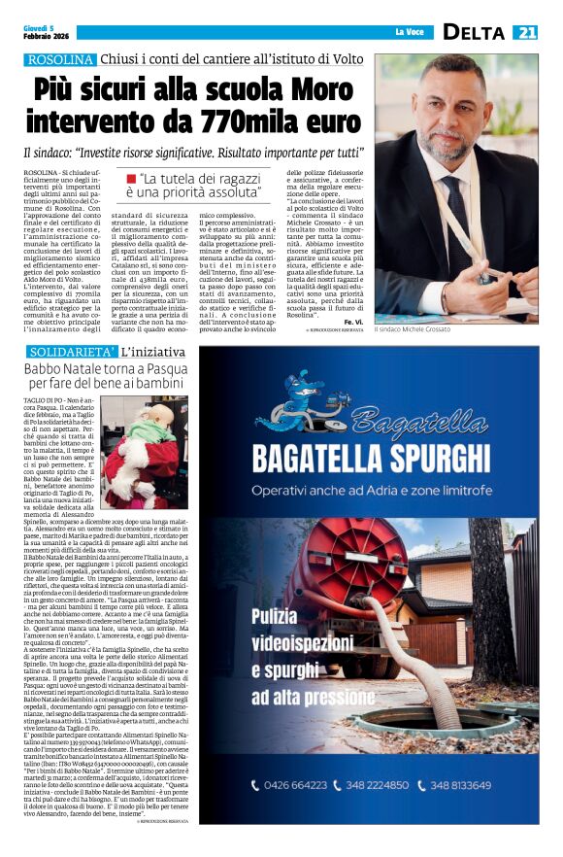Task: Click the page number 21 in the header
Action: [526, 33]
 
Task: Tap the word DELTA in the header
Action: [474, 33]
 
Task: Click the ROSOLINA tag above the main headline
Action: [60, 60]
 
